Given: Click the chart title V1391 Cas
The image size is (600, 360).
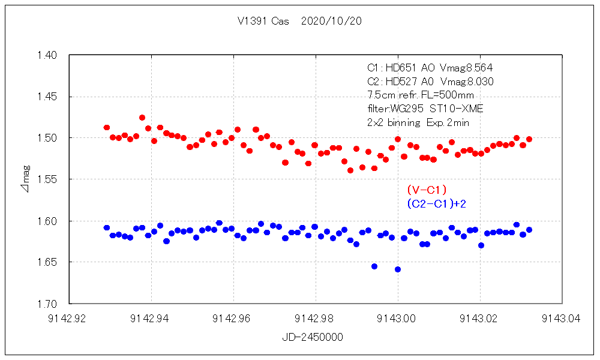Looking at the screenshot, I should pyautogui.click(x=263, y=21).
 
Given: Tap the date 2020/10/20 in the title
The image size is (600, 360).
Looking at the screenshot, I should pyautogui.click(x=332, y=21).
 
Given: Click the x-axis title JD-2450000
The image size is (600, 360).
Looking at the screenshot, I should pyautogui.click(x=313, y=338).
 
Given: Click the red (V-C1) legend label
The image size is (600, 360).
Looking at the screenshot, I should pyautogui.click(x=427, y=190).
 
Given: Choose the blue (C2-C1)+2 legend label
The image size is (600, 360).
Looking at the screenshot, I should pyautogui.click(x=436, y=204).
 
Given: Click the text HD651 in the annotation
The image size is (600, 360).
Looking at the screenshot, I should pyautogui.click(x=398, y=68).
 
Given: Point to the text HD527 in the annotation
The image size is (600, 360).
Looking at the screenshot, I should pyautogui.click(x=398, y=82).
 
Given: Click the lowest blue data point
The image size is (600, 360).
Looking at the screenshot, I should pyautogui.click(x=398, y=269).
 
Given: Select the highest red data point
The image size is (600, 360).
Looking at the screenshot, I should pyautogui.click(x=142, y=118).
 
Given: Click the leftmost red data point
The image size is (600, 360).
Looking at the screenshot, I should pyautogui.click(x=107, y=128).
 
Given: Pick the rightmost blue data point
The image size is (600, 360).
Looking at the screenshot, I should pyautogui.click(x=529, y=230).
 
